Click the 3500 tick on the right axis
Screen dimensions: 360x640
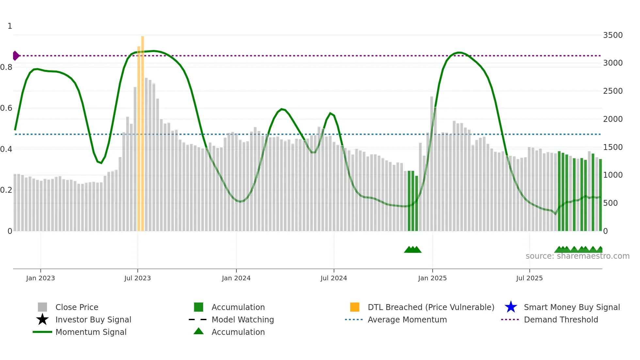point(613,35)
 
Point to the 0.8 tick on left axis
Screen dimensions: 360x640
point(6,67)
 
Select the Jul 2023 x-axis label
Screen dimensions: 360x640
point(137,278)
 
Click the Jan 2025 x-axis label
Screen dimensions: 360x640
point(432,278)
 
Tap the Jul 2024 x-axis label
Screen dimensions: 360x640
point(334,278)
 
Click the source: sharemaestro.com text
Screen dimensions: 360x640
point(577,256)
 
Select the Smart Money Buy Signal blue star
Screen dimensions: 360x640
point(511,307)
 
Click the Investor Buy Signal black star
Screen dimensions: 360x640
point(42,319)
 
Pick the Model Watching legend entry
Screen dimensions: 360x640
point(243,319)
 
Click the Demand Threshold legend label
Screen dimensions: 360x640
point(561,319)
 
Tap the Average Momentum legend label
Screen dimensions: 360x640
point(407,319)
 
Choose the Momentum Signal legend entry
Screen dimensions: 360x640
point(91,332)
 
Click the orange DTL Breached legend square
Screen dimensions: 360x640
point(355,307)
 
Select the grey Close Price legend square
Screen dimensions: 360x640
point(42,307)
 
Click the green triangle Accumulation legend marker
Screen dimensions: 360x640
point(199,331)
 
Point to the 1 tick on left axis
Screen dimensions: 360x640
point(10,26)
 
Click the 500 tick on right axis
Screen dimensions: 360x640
point(610,203)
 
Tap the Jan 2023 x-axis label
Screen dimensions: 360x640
point(40,278)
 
